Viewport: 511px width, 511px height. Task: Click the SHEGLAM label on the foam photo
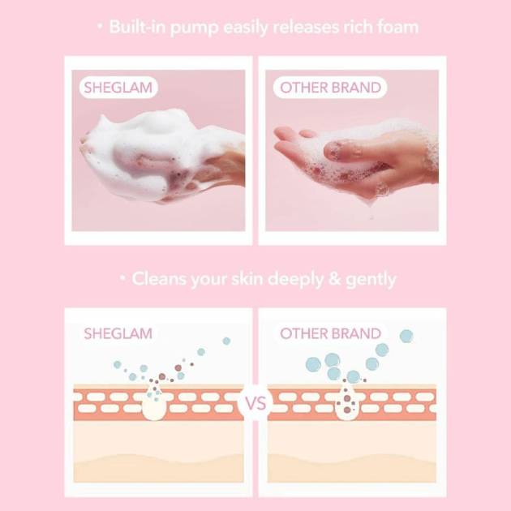[118, 88]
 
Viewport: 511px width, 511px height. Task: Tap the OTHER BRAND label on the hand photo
[330, 88]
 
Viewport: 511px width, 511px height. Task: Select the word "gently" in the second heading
[371, 280]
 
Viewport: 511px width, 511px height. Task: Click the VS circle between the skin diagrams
[255, 404]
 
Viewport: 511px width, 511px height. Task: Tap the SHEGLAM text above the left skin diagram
[118, 333]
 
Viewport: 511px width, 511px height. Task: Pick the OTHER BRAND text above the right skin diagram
[330, 333]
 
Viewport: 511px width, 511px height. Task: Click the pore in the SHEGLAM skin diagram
[154, 401]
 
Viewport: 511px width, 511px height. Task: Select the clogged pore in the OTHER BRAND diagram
[347, 401]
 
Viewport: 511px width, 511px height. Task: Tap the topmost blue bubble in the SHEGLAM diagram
[226, 341]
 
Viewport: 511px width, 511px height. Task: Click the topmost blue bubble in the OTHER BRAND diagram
[406, 336]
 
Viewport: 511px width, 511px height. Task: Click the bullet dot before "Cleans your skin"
[122, 278]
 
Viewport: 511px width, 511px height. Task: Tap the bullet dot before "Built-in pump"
[101, 27]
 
